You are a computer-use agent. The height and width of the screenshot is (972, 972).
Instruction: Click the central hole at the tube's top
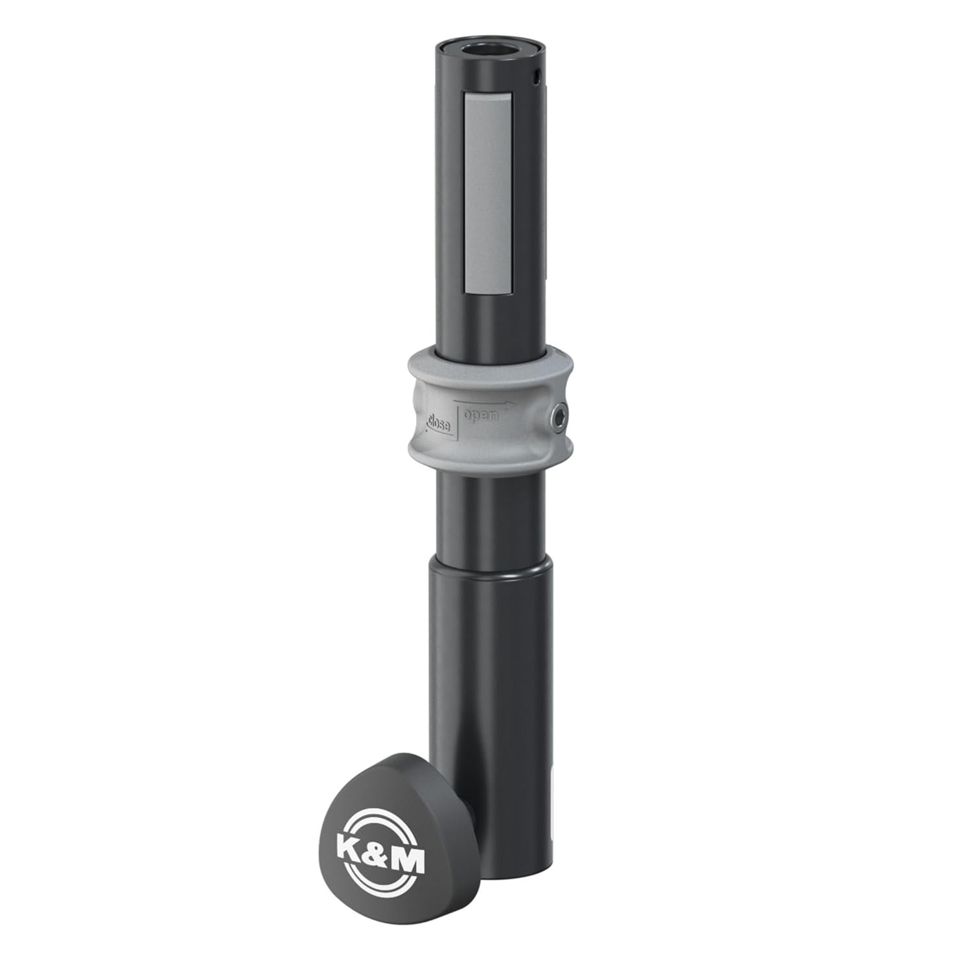[487, 51]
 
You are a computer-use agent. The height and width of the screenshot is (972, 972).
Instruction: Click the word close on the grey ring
[441, 422]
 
